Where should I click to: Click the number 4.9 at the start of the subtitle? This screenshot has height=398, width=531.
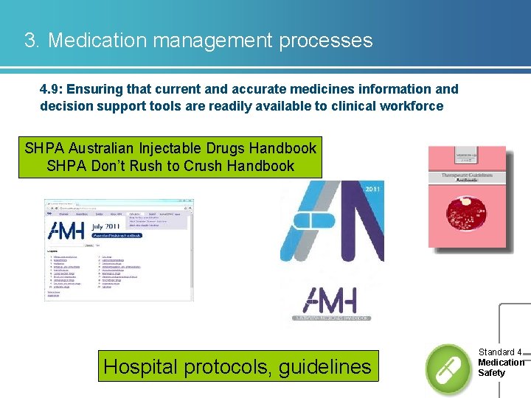coord(51,89)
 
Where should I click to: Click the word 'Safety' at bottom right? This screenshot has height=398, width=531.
coord(492,373)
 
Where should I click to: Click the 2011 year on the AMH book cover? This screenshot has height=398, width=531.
coord(374,189)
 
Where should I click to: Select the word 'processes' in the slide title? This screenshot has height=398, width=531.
coord(326,40)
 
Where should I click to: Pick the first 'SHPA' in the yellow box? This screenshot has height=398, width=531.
coord(44,148)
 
